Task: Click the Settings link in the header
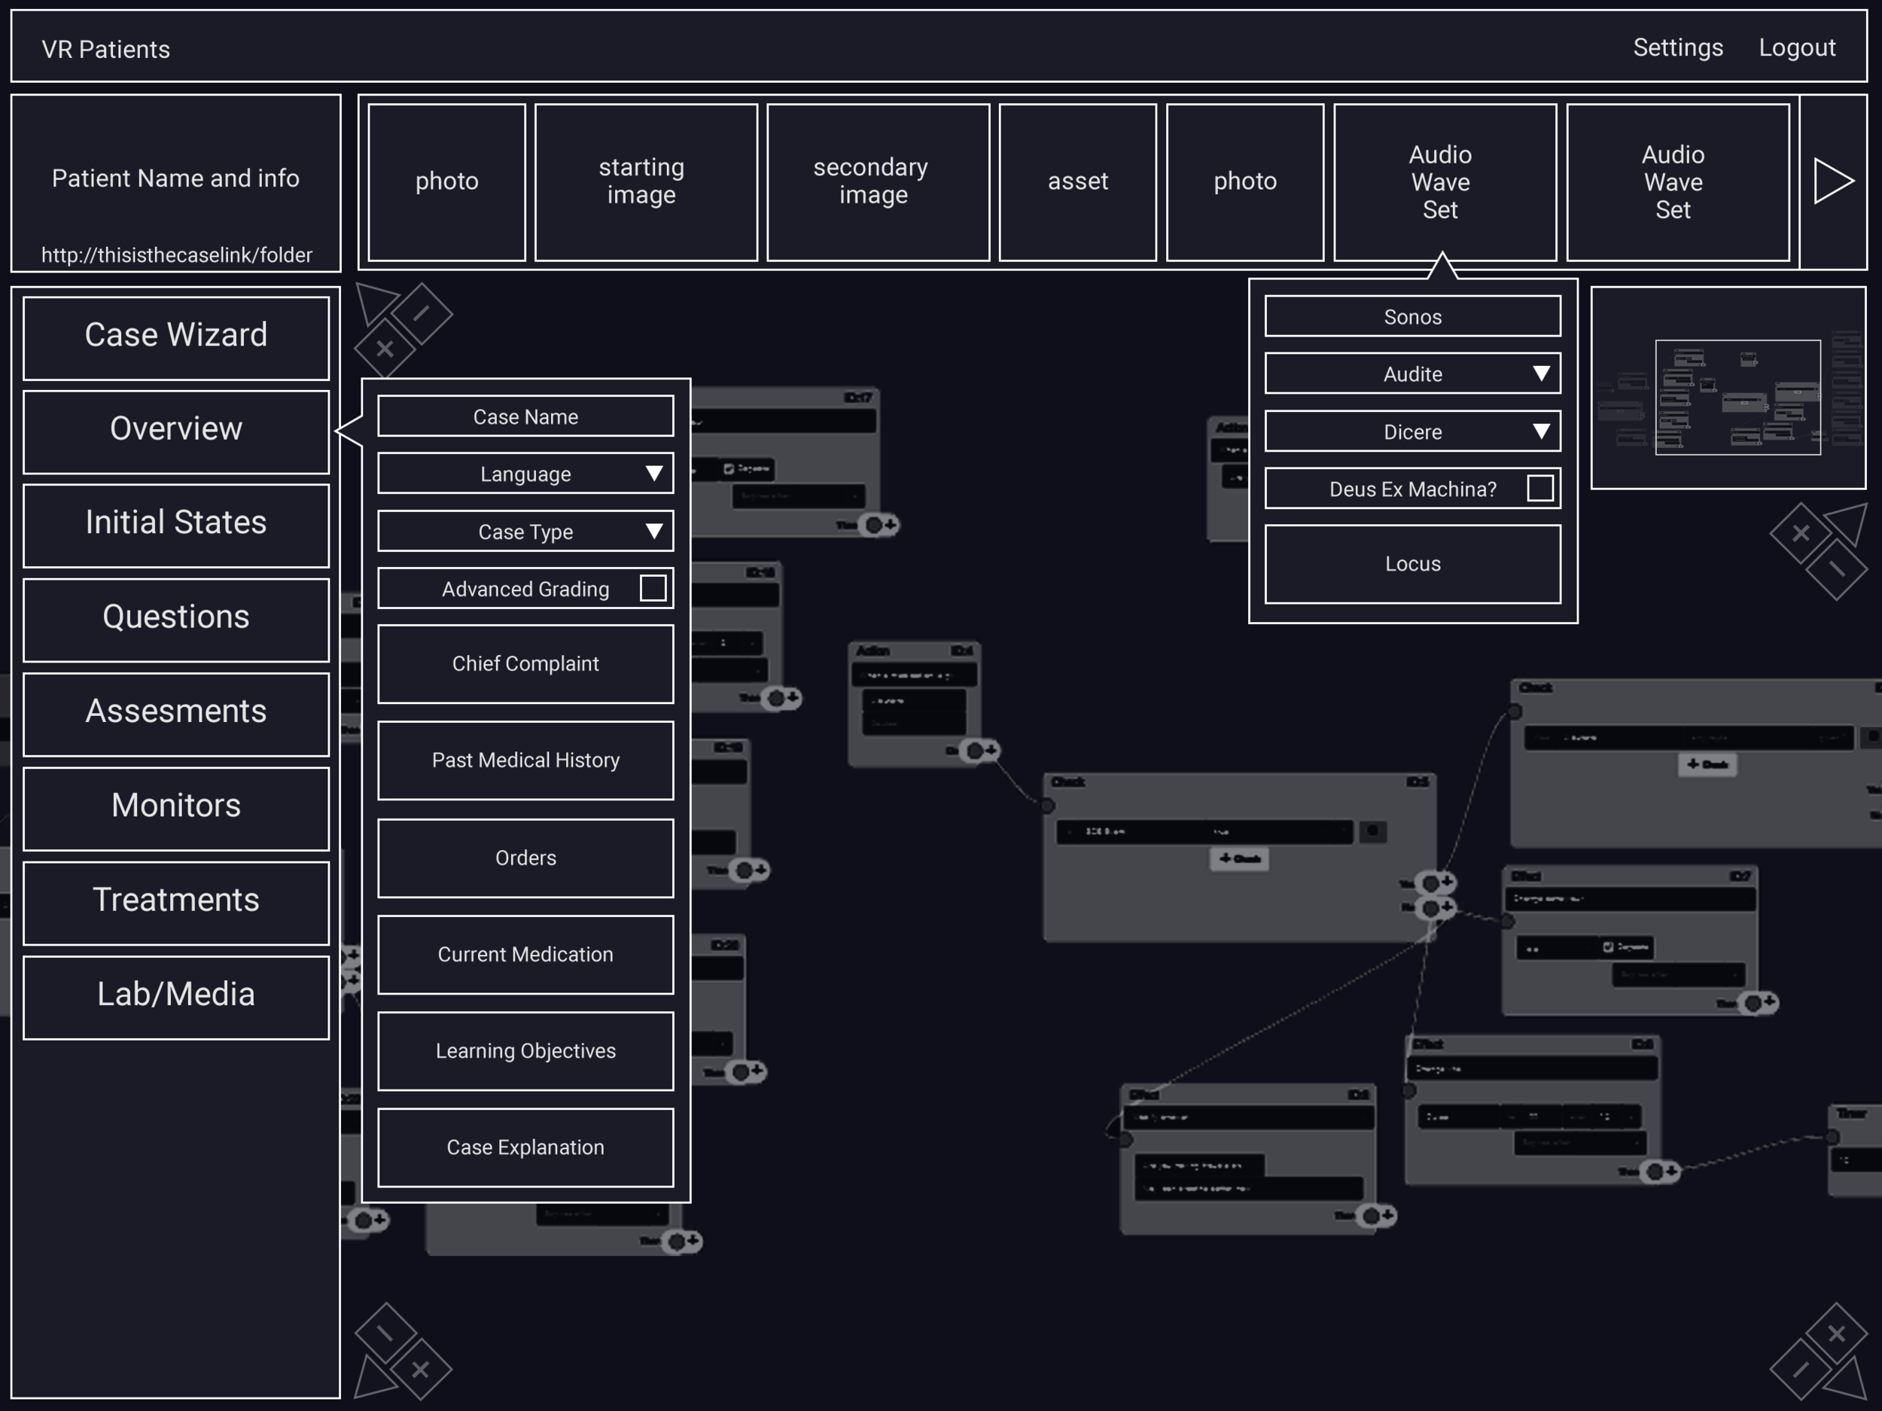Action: [1677, 47]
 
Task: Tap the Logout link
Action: [1796, 47]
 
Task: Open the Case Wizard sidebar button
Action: [176, 336]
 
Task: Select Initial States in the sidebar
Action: [176, 523]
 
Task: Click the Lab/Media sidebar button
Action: [176, 995]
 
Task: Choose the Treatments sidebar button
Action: [176, 901]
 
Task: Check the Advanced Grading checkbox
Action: [653, 588]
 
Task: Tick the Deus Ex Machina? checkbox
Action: [1539, 489]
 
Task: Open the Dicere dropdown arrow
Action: [1540, 431]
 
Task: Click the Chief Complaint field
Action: [525, 664]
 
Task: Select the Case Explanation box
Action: [525, 1147]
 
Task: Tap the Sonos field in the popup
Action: [1411, 316]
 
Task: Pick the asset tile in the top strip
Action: [1077, 181]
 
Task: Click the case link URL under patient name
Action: [176, 255]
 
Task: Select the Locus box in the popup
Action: [1411, 563]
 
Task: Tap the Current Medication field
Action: [525, 954]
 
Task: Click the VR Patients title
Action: [105, 50]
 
